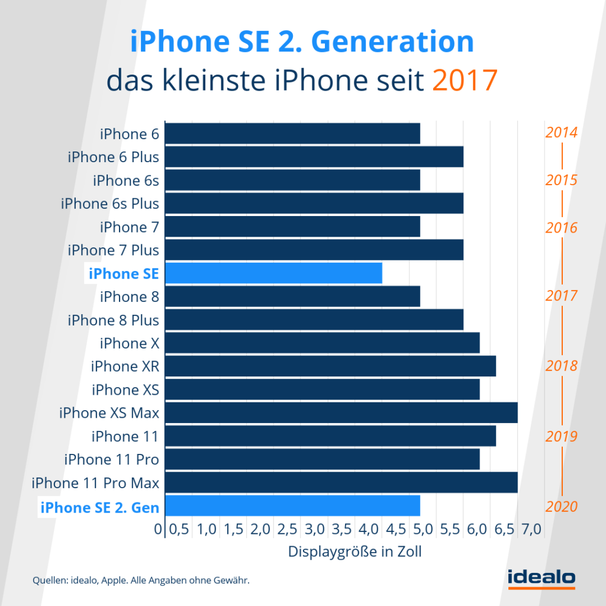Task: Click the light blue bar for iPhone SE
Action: point(273,273)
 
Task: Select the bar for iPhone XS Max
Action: point(341,413)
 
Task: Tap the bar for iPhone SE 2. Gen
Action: point(292,507)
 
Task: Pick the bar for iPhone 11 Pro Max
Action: point(341,483)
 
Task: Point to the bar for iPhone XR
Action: point(330,367)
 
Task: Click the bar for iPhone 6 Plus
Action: point(314,157)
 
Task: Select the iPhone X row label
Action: point(130,343)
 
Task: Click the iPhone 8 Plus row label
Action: point(114,320)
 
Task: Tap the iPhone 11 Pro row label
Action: point(112,460)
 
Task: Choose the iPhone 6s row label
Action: point(126,180)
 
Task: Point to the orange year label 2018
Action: point(561,366)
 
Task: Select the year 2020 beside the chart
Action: point(561,507)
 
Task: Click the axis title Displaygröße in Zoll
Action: point(355,552)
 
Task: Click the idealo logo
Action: point(541,578)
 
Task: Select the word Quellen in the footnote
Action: point(50,581)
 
